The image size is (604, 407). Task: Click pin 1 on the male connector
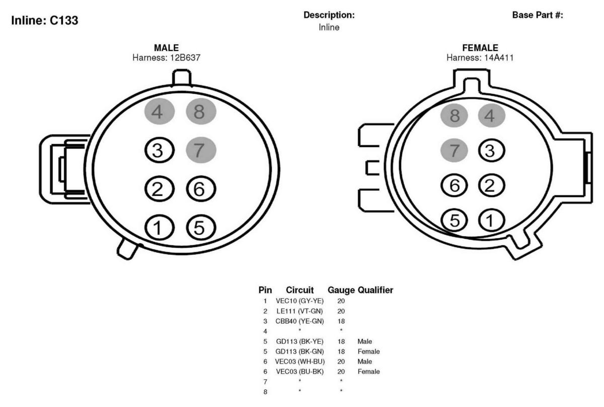tap(160, 227)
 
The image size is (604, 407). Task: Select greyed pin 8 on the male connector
tap(201, 111)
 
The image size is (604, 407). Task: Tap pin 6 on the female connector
tap(454, 185)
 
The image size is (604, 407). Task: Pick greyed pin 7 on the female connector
tap(454, 150)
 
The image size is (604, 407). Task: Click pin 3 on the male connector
tap(160, 150)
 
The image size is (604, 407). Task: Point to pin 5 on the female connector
tap(454, 220)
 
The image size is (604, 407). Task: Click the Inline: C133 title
tap(45, 20)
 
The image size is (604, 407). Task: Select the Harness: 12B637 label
tap(167, 57)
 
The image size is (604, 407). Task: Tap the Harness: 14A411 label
tap(480, 57)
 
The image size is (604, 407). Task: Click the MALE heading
tap(167, 48)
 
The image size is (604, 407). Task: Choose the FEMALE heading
tap(480, 48)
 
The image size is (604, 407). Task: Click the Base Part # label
tap(538, 15)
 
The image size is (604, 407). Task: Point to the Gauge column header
tap(341, 290)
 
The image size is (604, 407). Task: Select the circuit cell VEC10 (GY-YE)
tap(299, 301)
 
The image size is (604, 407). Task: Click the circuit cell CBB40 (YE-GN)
tap(299, 321)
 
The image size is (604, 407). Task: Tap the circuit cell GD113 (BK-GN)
tap(299, 352)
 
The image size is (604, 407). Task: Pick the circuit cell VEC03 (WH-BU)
tap(300, 361)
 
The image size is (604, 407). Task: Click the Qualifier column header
tap(375, 290)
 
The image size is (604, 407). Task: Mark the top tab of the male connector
tap(182, 78)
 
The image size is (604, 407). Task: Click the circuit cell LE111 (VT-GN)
tap(299, 311)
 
